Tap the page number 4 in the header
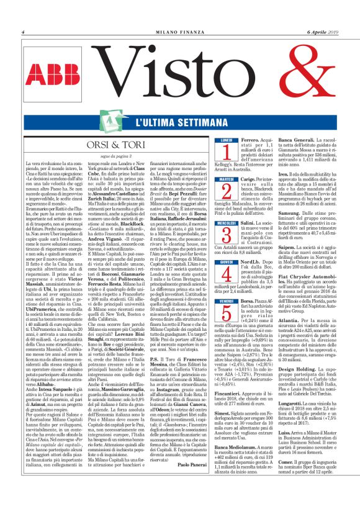click(23, 32)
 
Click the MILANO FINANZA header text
click(180, 32)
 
